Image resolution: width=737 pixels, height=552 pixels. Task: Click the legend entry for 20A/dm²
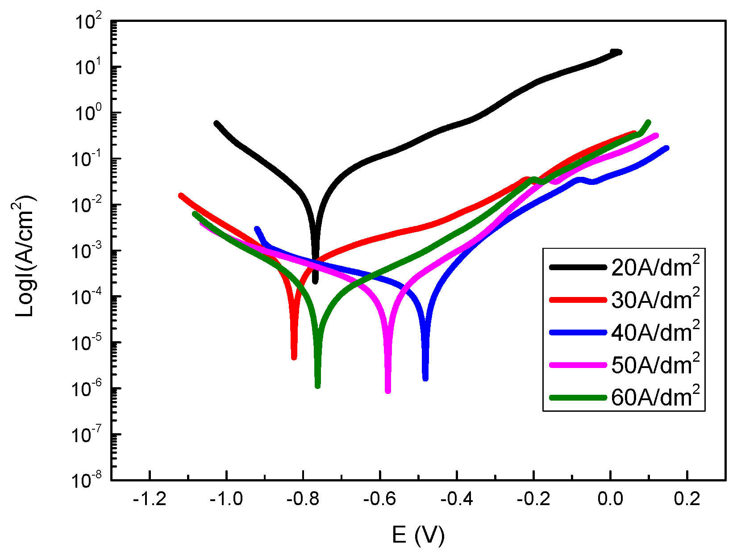654,267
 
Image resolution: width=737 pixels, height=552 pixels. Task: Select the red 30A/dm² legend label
654,300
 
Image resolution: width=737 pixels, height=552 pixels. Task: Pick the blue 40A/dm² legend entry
654,332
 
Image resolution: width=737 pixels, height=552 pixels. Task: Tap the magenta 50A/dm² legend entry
654,365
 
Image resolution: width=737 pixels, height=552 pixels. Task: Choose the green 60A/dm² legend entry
654,397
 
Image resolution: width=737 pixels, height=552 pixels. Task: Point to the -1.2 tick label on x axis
150,499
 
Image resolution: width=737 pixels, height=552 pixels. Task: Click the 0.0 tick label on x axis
610,499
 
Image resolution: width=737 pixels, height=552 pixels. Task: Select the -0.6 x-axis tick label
379,499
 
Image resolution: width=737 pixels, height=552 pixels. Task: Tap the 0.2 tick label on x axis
687,499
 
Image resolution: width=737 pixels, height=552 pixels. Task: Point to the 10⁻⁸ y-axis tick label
88,481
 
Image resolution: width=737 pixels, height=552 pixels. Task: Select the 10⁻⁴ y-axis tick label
88,297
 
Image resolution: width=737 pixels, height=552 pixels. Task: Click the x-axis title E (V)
418,535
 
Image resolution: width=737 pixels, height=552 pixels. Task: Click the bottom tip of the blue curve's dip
425,378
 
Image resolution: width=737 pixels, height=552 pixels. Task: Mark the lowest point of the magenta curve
388,391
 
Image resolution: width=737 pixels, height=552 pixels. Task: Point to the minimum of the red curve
294,357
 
